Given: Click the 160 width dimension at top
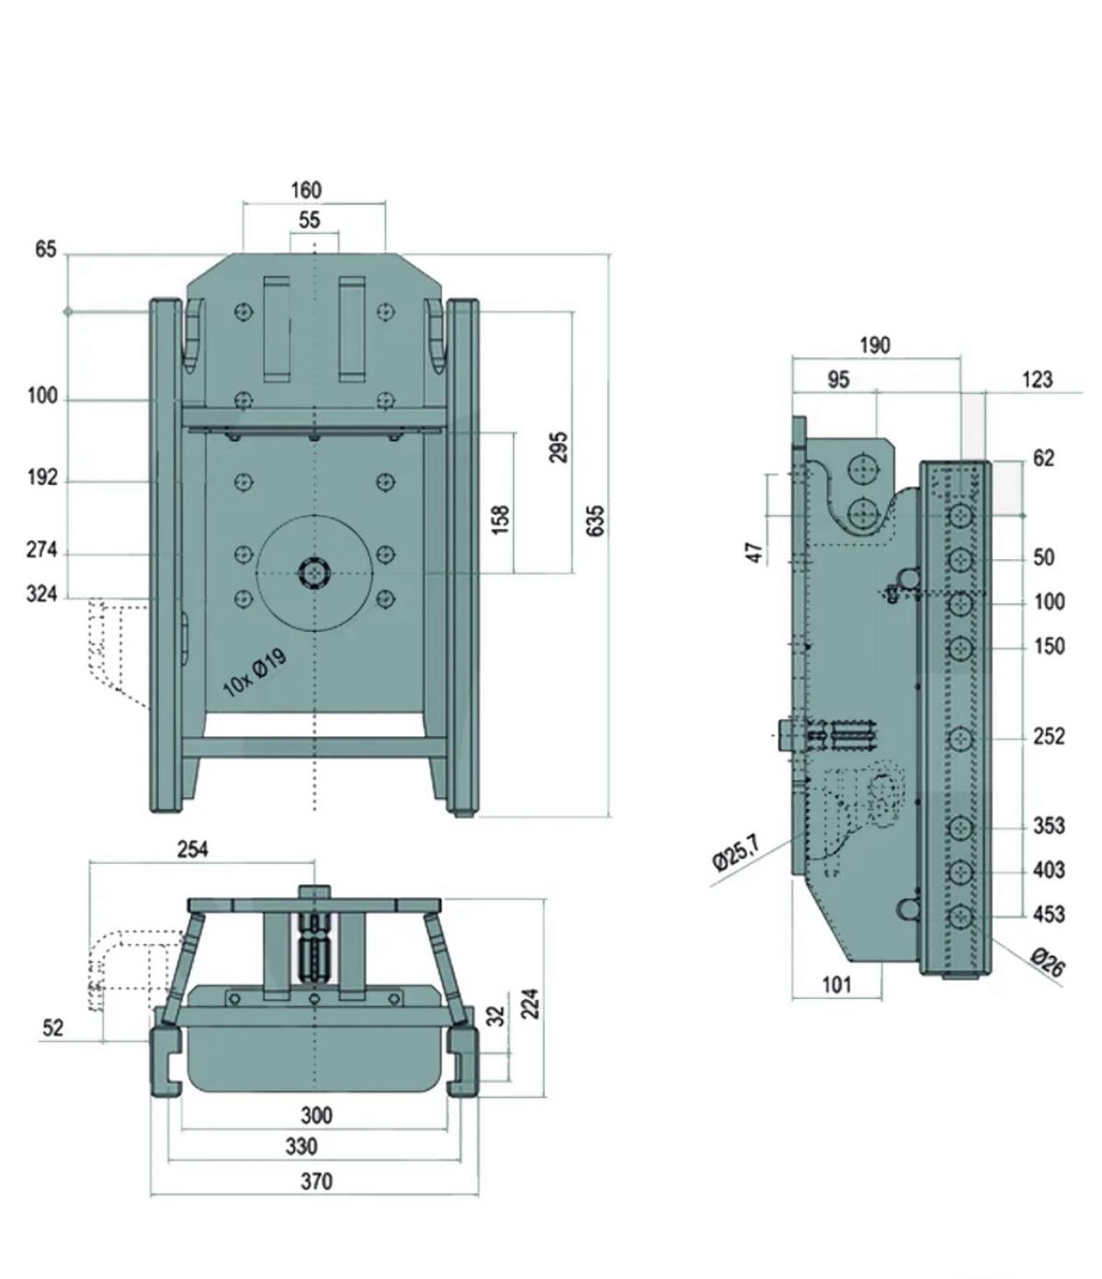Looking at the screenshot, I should (306, 190).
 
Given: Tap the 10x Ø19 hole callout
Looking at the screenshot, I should (255, 673).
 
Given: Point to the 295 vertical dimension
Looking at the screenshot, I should (558, 447).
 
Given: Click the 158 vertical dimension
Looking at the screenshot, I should (500, 520).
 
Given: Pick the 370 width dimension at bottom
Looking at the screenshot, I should (316, 1181).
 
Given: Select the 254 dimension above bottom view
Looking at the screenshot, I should (192, 849).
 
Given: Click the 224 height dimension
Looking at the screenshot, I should (530, 1004).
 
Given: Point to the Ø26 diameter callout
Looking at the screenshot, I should (1047, 962).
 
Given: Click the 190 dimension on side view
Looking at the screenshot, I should (874, 345).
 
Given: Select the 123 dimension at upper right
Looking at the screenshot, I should (1036, 379).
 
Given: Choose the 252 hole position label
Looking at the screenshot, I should (1049, 736).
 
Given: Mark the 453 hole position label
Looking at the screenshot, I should (1049, 914).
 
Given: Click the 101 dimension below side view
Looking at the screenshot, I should (836, 985).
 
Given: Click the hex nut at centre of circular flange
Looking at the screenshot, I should (314, 574).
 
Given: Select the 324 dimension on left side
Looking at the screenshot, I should (41, 594).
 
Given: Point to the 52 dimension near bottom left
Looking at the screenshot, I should (52, 1027).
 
